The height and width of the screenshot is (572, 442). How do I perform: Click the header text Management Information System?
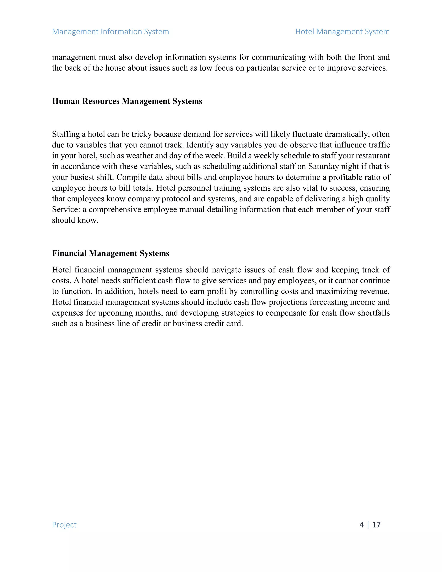pyautogui.click(x=110, y=32)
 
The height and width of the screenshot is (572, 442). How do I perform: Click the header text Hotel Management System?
pyautogui.click(x=342, y=32)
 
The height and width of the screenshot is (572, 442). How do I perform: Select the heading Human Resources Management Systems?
pyautogui.click(x=127, y=101)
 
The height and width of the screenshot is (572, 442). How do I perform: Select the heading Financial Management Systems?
pyautogui.click(x=110, y=253)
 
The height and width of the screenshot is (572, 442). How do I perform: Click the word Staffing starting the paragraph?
pyautogui.click(x=66, y=134)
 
